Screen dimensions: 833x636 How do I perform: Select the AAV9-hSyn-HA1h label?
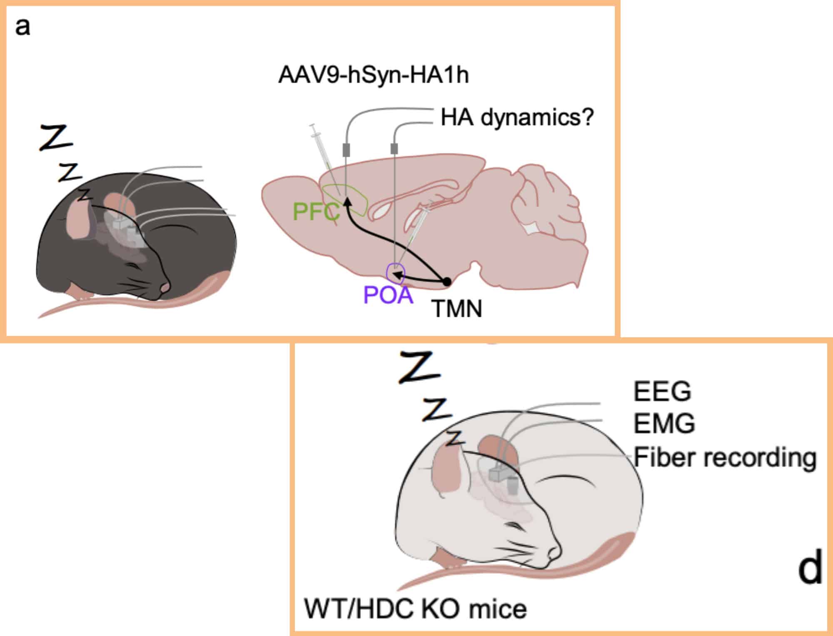[x=374, y=75]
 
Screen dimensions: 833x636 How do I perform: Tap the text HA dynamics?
[x=517, y=118]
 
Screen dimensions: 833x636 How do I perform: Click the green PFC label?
[x=316, y=212]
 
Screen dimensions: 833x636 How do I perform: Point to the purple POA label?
[x=388, y=295]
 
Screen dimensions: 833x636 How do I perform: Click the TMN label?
[x=457, y=309]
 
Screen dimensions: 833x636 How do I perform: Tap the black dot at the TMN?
[x=447, y=282]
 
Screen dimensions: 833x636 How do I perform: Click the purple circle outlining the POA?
[x=387, y=273]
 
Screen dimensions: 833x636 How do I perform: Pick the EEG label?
[x=662, y=391]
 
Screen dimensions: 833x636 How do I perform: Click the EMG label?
[x=664, y=423]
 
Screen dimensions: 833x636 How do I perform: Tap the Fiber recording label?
[x=725, y=458]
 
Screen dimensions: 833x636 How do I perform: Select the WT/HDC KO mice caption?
[x=415, y=609]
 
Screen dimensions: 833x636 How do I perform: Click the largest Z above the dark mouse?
[x=56, y=137]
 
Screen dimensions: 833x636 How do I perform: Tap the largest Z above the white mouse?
[x=419, y=367]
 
